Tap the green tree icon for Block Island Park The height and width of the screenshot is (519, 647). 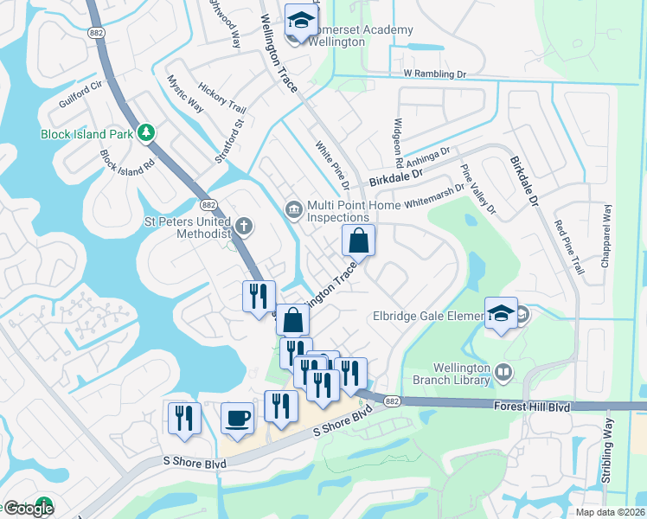[147, 132]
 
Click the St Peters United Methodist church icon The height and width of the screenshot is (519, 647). [244, 227]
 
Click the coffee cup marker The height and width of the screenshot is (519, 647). [237, 420]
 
